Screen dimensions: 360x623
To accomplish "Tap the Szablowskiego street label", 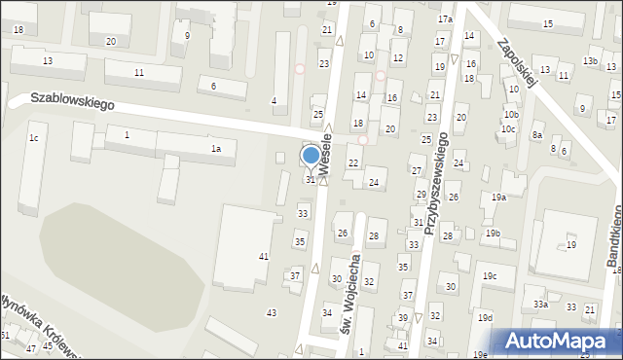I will pos(72,100).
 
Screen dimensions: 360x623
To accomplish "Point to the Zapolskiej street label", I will pos(518,64).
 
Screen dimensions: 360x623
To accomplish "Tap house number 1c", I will pos(33,138).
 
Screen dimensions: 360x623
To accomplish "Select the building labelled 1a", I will pos(217,148).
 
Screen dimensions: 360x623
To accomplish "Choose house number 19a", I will pos(498,198).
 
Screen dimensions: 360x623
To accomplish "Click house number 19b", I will pos(493,234).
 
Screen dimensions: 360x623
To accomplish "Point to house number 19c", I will pos(489,276).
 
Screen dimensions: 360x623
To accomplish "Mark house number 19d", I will pos(485,318).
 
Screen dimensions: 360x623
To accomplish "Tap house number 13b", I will pos(590,61).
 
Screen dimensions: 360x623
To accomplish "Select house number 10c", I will pos(507,128).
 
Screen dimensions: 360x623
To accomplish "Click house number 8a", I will pos(536,136).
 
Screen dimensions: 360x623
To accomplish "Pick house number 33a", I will pos(540,305).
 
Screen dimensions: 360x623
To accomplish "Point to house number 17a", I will pos(445,19).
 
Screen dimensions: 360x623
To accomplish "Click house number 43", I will pos(272,312).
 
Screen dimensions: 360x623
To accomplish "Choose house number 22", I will pos(352,162).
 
